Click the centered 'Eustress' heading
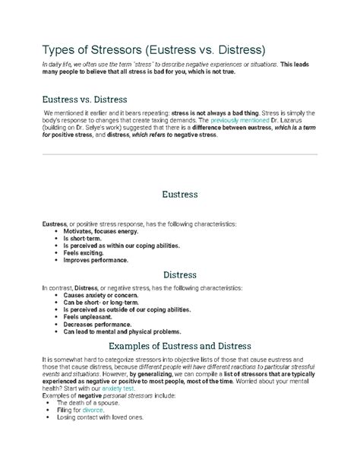tap(179, 195)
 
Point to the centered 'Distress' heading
tap(179, 274)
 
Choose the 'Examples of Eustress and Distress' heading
tap(179, 345)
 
